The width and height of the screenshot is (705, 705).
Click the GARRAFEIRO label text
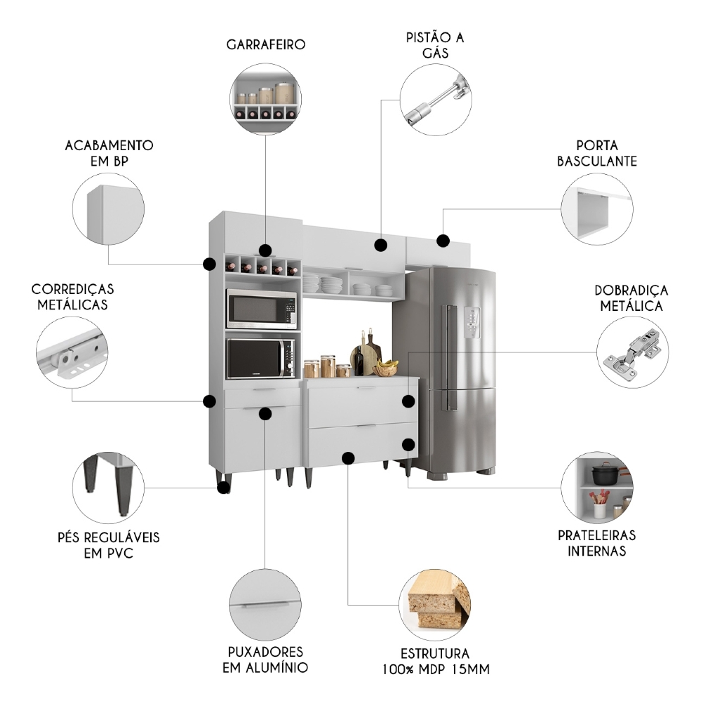(266, 44)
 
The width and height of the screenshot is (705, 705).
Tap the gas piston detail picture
(436, 99)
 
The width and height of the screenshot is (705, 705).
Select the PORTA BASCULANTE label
(596, 153)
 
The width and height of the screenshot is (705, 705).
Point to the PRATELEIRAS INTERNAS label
(596, 543)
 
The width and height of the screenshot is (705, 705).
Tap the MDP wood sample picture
(436, 604)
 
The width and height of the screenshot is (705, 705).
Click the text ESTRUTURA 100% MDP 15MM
(434, 661)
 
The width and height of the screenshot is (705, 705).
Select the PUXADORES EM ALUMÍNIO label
(265, 658)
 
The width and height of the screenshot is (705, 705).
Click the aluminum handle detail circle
(265, 603)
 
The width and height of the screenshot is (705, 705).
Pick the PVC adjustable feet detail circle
(108, 486)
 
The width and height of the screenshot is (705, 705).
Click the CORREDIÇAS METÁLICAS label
(73, 297)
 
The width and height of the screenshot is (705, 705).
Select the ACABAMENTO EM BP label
(109, 153)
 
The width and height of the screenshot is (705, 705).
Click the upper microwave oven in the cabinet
(261, 309)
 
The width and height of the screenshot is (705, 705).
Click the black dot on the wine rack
(265, 250)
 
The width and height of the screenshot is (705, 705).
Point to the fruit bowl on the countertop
(385, 368)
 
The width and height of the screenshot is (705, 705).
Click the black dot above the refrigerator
(443, 240)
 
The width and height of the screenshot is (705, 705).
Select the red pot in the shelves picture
(603, 473)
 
